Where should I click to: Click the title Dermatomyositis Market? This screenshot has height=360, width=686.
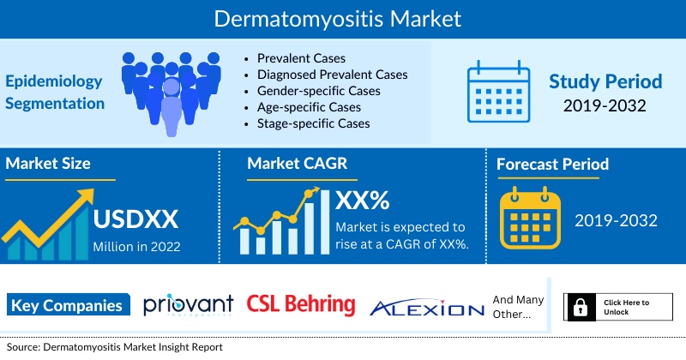click(337, 19)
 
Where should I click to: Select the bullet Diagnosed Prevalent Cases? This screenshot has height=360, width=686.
click(332, 75)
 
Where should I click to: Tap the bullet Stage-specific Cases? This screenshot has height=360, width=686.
click(313, 123)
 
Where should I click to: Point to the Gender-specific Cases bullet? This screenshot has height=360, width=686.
click(318, 91)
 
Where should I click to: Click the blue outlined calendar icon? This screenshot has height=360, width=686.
click(498, 92)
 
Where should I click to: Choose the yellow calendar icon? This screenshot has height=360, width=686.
click(530, 218)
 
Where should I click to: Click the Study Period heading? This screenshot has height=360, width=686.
click(605, 81)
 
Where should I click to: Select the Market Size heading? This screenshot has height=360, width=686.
click(48, 163)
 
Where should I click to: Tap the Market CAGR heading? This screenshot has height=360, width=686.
click(297, 163)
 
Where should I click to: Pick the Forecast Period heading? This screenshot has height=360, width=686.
click(552, 164)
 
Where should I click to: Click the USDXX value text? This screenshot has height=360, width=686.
click(135, 219)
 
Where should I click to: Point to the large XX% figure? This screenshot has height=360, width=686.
click(362, 201)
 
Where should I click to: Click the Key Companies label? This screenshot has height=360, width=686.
click(69, 305)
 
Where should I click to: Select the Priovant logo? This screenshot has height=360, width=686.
click(189, 305)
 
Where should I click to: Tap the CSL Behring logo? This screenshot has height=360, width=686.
click(301, 304)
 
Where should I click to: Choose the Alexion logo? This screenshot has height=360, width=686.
click(427, 308)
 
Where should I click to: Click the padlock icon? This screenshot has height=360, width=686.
click(581, 307)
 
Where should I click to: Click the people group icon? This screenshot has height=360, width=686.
click(171, 94)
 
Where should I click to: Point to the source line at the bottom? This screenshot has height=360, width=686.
click(115, 347)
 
